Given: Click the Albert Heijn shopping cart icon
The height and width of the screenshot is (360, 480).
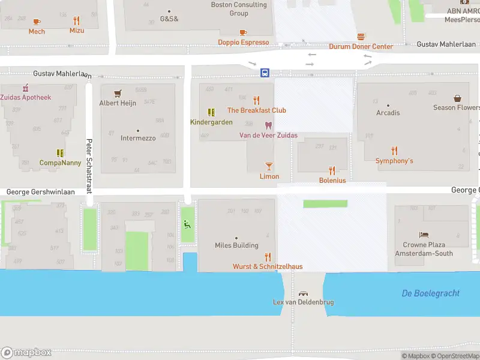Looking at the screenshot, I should pyautogui.click(x=118, y=93).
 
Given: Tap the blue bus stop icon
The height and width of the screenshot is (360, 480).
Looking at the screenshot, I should pyautogui.click(x=265, y=73).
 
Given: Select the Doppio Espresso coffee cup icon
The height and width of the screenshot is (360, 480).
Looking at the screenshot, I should pyautogui.click(x=243, y=32).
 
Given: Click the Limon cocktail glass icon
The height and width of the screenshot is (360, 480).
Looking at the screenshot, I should pyautogui.click(x=269, y=166).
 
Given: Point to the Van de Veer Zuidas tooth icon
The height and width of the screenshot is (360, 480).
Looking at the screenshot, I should pyautogui.click(x=268, y=125).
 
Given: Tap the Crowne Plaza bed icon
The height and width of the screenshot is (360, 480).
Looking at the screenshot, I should pyautogui.click(x=424, y=235).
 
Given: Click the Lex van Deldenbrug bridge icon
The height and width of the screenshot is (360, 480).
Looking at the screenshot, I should pyautogui.click(x=303, y=293).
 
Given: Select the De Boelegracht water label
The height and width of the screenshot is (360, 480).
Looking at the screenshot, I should pyautogui.click(x=430, y=293).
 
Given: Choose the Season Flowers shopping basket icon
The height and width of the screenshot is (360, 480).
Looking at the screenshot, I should pyautogui.click(x=457, y=98).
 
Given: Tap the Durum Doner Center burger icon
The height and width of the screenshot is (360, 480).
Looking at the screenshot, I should pyautogui.click(x=361, y=37).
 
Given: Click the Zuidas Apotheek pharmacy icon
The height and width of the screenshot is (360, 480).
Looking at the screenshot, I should pyautogui.click(x=25, y=88).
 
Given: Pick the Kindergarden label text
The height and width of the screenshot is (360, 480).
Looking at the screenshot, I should pyautogui.click(x=211, y=122).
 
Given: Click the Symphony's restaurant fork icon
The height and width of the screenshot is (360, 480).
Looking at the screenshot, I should pyautogui.click(x=394, y=151).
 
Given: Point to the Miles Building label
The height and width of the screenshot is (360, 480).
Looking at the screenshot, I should pyautogui.click(x=236, y=245).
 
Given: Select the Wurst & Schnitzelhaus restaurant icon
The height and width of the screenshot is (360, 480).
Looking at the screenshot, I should pyautogui.click(x=268, y=256).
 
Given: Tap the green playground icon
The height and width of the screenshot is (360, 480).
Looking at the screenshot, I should pyautogui.click(x=187, y=224).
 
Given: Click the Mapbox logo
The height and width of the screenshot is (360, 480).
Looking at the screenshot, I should pyautogui.click(x=26, y=353).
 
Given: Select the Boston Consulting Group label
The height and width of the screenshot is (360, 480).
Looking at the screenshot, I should pyautogui.click(x=239, y=9).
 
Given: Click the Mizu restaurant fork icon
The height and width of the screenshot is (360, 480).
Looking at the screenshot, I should pyautogui.click(x=76, y=20).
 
